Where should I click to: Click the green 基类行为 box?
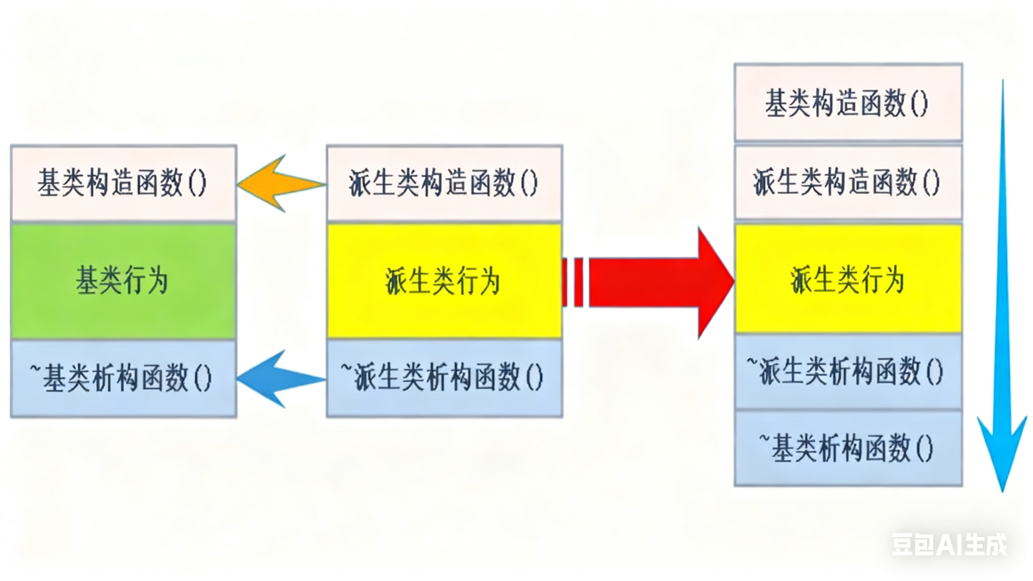[x=123, y=281]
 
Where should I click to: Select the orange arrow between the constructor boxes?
[x=281, y=184]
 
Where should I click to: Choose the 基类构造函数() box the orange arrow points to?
[x=123, y=183]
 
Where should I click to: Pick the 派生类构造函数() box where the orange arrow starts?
[x=444, y=183]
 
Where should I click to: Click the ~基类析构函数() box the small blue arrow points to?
[x=123, y=379]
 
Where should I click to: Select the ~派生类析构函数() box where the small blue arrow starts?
[x=444, y=379]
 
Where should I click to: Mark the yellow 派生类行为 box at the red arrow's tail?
[x=444, y=281]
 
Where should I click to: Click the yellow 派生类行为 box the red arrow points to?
[x=848, y=279]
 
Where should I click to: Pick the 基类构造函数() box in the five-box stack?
[x=848, y=103]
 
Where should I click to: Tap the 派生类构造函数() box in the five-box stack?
[x=848, y=183]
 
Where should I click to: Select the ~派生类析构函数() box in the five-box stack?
[x=848, y=372]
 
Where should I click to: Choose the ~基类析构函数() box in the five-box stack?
[x=848, y=449]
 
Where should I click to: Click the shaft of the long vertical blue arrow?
[x=1002, y=241]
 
